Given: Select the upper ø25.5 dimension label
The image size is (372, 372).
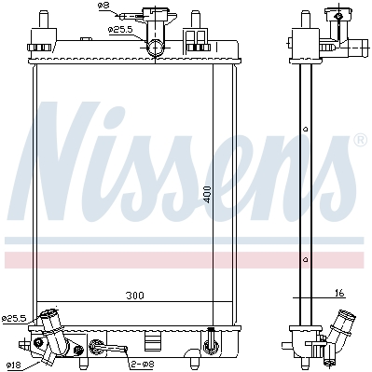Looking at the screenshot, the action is click(x=120, y=30).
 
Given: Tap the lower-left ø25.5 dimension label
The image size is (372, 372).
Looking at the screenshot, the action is click(x=14, y=318).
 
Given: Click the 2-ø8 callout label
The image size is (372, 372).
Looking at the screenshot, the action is click(x=142, y=364).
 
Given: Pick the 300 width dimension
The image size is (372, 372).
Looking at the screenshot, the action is click(x=135, y=296).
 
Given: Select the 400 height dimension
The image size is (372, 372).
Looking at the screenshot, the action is click(x=207, y=195).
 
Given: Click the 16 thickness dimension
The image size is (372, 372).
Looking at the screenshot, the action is click(x=340, y=293).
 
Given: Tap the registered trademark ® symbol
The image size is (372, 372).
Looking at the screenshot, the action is click(x=361, y=140).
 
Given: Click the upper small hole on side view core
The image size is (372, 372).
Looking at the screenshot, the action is click(x=306, y=129).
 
